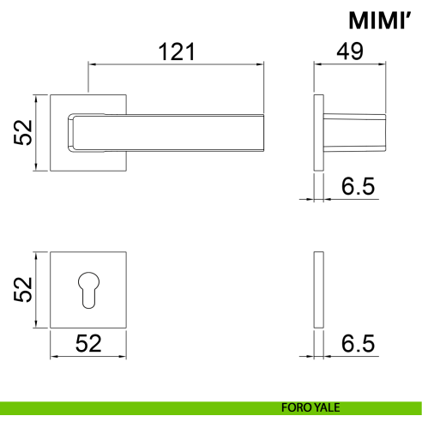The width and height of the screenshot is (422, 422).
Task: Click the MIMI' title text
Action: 380,20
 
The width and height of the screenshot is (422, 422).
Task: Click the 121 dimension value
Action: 177,51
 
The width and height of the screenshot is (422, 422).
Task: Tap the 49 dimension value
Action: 350,51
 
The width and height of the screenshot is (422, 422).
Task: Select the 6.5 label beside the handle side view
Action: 358,186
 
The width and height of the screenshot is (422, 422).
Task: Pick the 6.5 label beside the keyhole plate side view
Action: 358,343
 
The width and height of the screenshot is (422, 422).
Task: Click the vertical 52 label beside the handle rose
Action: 23,133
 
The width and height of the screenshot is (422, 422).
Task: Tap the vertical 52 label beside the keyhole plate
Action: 23,290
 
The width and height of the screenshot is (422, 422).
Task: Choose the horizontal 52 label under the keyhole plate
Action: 88,343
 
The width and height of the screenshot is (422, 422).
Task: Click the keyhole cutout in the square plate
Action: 88,290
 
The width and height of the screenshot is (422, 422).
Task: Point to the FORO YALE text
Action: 310,407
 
